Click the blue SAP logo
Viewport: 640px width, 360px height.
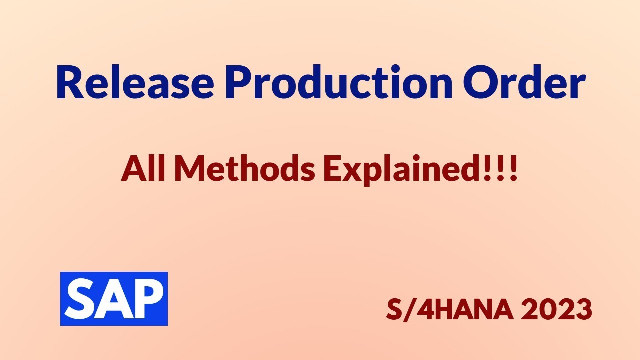pos(114,299)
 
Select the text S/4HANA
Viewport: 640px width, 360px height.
pos(447,310)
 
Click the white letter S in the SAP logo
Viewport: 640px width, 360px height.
pos(80,299)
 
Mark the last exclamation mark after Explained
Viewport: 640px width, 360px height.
pos(514,170)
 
